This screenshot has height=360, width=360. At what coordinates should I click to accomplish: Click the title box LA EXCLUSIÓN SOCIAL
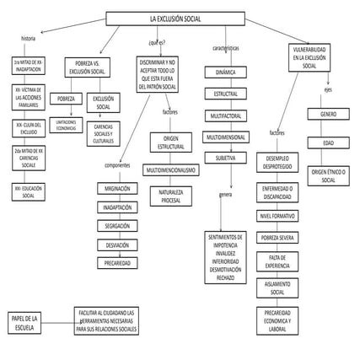tap(175, 18)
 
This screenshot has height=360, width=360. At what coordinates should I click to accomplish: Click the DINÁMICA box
tap(225, 73)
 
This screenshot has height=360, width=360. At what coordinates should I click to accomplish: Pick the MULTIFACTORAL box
tap(225, 115)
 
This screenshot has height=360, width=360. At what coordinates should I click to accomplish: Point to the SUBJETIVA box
tap(225, 157)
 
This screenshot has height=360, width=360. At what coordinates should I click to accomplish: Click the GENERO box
tap(329, 113)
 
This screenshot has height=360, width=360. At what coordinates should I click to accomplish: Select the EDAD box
tap(329, 142)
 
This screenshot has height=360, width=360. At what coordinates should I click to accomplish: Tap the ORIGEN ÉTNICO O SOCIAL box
tap(329, 175)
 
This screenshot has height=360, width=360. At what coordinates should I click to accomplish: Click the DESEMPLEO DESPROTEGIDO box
tap(282, 162)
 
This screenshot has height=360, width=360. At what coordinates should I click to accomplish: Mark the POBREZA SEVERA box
tap(282, 239)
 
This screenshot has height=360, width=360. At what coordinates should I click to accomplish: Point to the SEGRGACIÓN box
tap(118, 226)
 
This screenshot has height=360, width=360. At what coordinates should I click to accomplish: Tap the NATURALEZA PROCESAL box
tap(171, 197)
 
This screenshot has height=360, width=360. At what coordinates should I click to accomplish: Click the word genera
tap(225, 195)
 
